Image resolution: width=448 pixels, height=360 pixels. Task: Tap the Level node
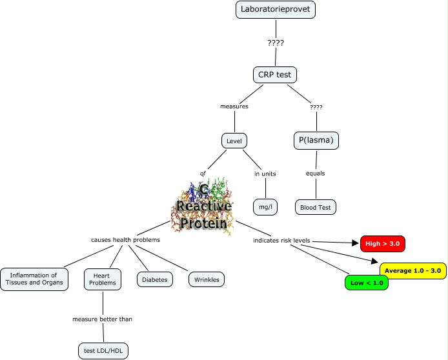[234, 141]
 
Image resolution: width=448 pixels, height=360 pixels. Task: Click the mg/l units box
[265, 207]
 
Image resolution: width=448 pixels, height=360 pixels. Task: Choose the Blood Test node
[316, 207]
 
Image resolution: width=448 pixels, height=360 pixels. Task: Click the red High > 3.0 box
[383, 244]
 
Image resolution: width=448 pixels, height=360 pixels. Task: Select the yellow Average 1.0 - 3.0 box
[412, 270]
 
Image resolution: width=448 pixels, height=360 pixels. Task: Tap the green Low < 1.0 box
[367, 283]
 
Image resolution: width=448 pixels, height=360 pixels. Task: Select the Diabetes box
[154, 279]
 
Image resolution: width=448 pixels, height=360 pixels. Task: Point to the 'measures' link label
[234, 106]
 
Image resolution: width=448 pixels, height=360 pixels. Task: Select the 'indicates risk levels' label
[282, 241]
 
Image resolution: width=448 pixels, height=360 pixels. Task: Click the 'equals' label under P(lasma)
[316, 173]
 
